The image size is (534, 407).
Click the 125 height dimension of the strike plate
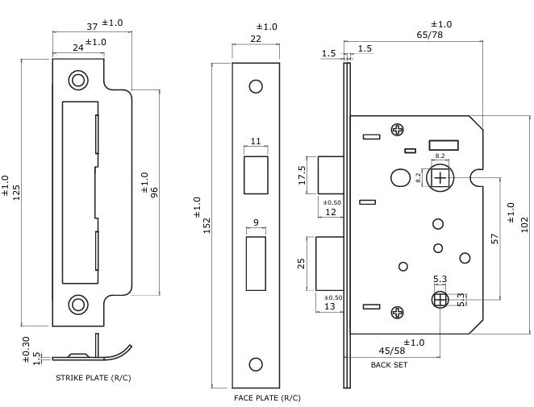[17, 192]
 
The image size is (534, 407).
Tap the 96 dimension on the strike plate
[154, 192]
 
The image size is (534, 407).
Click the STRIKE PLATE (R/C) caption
[93, 377]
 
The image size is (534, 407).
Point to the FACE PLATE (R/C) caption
[267, 398]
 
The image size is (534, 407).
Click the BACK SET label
[389, 365]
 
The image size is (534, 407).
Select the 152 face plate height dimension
[207, 225]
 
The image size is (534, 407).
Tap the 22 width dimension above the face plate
[256, 39]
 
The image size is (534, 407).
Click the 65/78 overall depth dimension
[429, 35]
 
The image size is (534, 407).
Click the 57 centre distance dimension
[495, 238]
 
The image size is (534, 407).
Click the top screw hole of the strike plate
[78, 80]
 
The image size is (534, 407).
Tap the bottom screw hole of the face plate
[256, 364]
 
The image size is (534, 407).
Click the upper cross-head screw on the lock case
[397, 129]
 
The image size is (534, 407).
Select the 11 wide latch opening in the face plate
[256, 174]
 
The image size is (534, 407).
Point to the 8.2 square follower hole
[440, 176]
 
